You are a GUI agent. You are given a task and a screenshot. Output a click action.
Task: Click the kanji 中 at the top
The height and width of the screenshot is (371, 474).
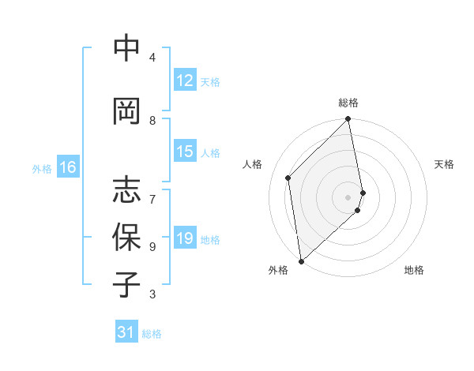point(126,49)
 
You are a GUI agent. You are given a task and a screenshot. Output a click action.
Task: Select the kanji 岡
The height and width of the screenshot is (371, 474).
point(126,111)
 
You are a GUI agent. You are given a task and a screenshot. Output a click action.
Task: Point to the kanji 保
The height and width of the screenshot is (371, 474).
point(126,238)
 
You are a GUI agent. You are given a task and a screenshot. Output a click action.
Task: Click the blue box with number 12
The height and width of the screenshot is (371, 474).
point(185,81)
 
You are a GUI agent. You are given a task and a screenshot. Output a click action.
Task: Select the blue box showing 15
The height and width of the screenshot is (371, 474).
point(185,152)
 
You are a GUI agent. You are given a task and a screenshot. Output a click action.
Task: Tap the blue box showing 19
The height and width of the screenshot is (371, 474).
point(185,239)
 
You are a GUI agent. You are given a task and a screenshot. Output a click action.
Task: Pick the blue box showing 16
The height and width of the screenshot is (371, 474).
point(67,167)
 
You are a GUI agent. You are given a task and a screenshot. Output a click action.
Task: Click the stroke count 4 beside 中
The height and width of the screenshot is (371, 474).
point(152,58)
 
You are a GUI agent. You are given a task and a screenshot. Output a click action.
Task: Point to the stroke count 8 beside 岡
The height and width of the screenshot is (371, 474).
point(152,120)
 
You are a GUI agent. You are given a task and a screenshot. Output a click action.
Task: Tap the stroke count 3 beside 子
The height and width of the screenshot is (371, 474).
point(152,294)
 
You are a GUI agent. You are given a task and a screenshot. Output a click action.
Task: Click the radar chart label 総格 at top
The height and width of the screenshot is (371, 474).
point(348,103)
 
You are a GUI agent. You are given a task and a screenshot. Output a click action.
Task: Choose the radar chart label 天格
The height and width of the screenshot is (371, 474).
point(445,164)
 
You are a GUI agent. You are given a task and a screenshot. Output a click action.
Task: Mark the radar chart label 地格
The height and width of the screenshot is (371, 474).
point(414,271)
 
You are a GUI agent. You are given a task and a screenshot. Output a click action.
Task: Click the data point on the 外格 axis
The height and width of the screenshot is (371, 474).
point(301,260)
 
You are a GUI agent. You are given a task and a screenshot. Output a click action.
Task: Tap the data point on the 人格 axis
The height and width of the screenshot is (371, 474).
point(288,178)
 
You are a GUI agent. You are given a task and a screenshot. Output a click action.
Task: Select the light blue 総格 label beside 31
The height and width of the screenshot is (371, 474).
point(152,334)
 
